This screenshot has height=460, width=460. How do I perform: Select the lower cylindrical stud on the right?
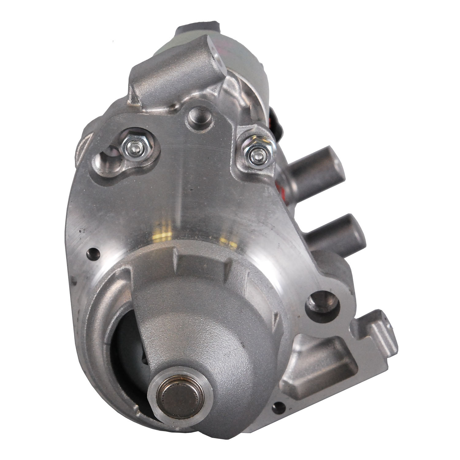[x=334, y=230]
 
